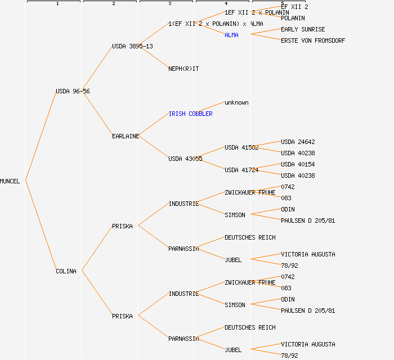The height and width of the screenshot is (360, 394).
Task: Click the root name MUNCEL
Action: [x=10, y=181]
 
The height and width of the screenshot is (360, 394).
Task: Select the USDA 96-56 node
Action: [x=72, y=91]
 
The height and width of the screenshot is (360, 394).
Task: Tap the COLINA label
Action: [x=66, y=271]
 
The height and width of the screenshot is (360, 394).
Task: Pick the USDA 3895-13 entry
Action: [x=132, y=46]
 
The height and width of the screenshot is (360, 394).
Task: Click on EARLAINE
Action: [x=126, y=136]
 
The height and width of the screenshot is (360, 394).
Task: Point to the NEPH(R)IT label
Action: [x=183, y=69]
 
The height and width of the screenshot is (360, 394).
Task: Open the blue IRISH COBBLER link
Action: [x=190, y=114]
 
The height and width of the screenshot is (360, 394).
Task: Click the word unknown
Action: [x=236, y=102]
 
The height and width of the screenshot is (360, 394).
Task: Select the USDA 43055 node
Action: [x=185, y=159]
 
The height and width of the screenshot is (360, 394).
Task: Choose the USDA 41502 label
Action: [x=241, y=147]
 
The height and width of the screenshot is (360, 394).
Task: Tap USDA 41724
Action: [x=241, y=170]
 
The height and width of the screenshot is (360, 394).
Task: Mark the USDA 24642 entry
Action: [x=298, y=142]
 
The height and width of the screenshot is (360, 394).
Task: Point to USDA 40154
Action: [x=298, y=164]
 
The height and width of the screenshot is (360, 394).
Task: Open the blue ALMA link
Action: [x=231, y=35]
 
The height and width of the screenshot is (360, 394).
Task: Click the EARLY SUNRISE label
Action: [x=303, y=29]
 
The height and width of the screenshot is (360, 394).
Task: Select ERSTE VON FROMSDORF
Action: [x=313, y=40]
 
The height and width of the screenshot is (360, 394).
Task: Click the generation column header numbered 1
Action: [x=57, y=3]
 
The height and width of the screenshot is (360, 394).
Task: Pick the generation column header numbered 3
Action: [x=170, y=3]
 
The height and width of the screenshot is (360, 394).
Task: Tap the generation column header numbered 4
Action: [x=226, y=3]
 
